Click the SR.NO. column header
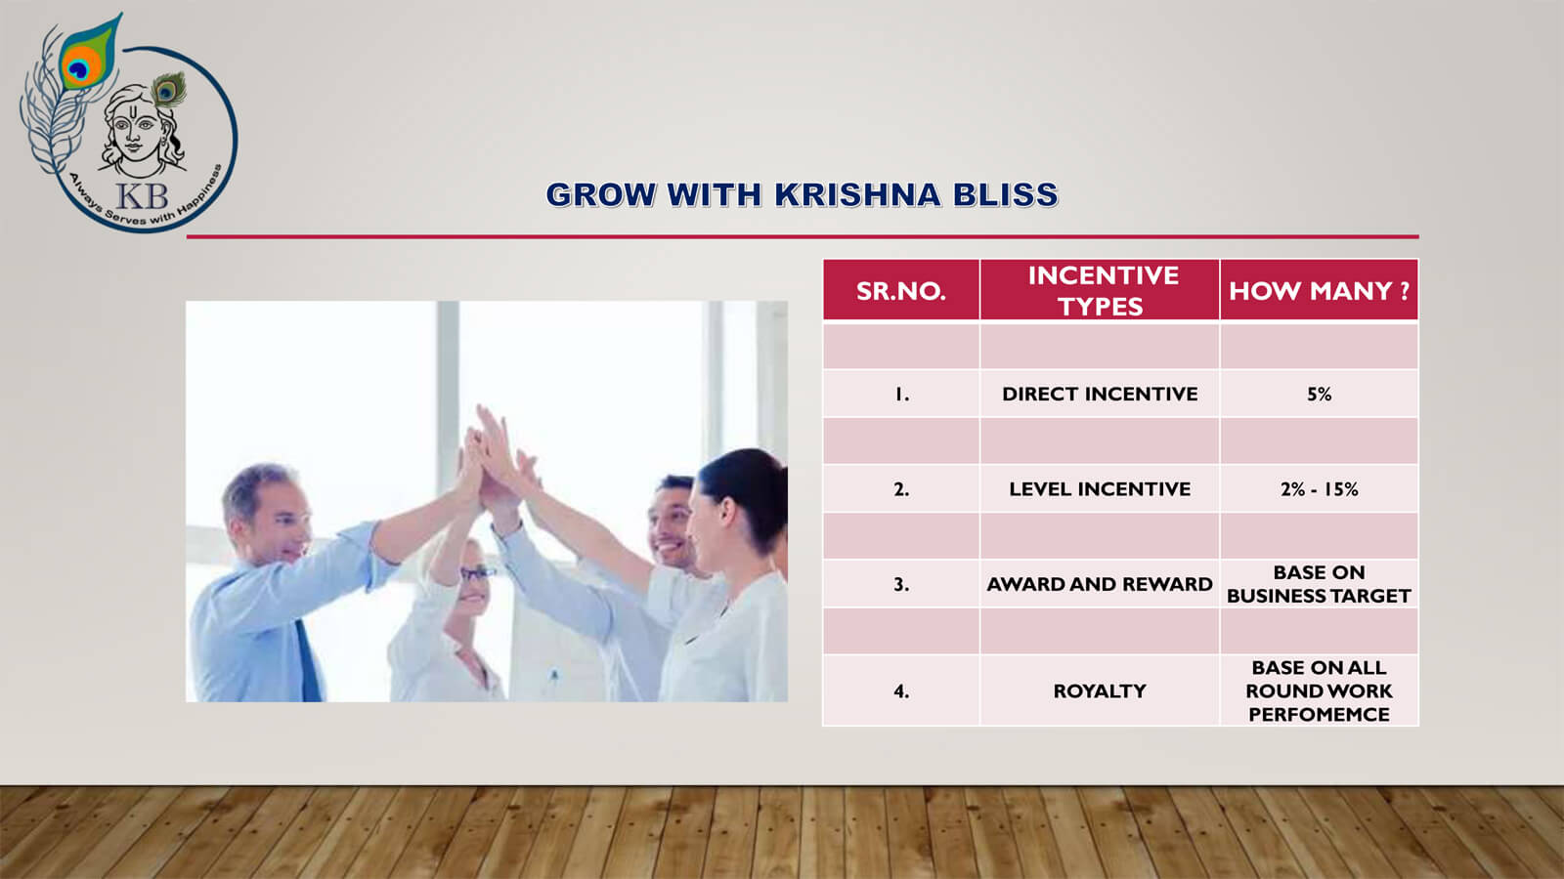tap(900, 290)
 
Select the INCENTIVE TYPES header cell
tap(1100, 290)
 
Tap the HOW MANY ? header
tap(1319, 290)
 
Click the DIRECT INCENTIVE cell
tap(1100, 395)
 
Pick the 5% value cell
tap(1319, 395)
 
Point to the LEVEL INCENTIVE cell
tap(1100, 489)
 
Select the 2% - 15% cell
tap(1319, 489)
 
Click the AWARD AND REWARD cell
tap(1100, 584)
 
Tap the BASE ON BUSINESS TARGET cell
tap(1319, 584)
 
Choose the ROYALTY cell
tap(1100, 691)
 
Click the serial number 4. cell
tap(900, 691)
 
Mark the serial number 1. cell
tap(900, 395)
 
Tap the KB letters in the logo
tap(142, 196)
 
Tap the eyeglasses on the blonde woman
tap(477, 574)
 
